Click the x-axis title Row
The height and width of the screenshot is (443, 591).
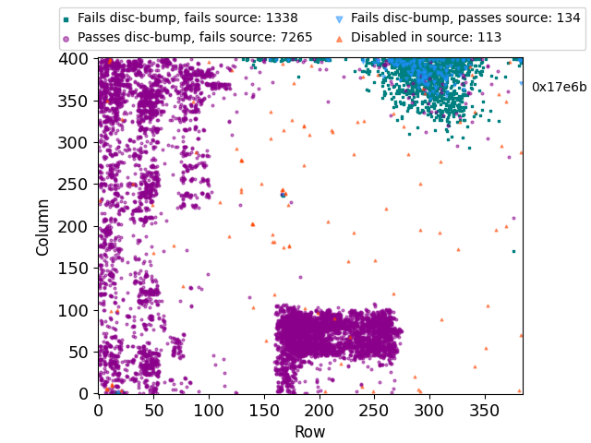(310, 431)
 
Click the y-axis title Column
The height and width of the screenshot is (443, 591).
(42, 226)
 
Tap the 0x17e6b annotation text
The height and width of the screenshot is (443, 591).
(559, 87)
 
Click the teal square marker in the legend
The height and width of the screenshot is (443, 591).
(66, 18)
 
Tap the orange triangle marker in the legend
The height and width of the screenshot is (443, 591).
(339, 38)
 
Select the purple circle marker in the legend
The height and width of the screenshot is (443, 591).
(66, 38)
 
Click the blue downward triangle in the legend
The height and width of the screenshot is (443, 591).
(339, 18)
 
